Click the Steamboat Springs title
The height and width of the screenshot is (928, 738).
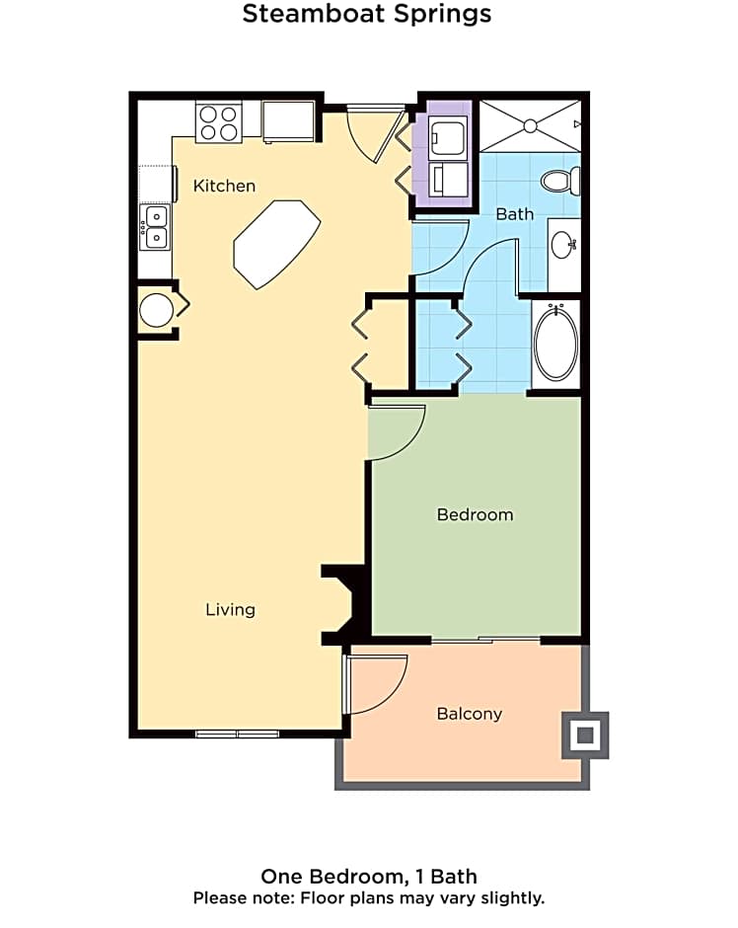tap(367, 15)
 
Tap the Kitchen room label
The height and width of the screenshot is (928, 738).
tap(224, 186)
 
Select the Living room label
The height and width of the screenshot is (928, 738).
tap(230, 609)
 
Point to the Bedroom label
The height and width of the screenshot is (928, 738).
tap(475, 514)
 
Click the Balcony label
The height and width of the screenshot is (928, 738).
tap(469, 714)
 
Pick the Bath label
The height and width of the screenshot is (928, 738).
tap(514, 213)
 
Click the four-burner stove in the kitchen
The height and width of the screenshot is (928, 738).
tap(219, 123)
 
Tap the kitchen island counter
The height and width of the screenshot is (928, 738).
tap(276, 243)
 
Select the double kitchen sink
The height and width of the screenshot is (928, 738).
tap(156, 226)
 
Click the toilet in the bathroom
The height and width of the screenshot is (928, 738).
tap(562, 181)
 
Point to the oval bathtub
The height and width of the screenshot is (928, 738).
tap(556, 344)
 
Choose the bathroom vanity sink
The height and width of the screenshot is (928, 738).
tap(562, 244)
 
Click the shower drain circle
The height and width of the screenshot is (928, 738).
tap(530, 125)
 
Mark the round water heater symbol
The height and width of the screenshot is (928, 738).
tap(156, 310)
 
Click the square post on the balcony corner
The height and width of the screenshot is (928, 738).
tap(585, 735)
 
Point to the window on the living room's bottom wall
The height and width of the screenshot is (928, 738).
tap(237, 734)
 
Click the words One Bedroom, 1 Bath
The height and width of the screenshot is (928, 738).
tap(369, 877)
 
